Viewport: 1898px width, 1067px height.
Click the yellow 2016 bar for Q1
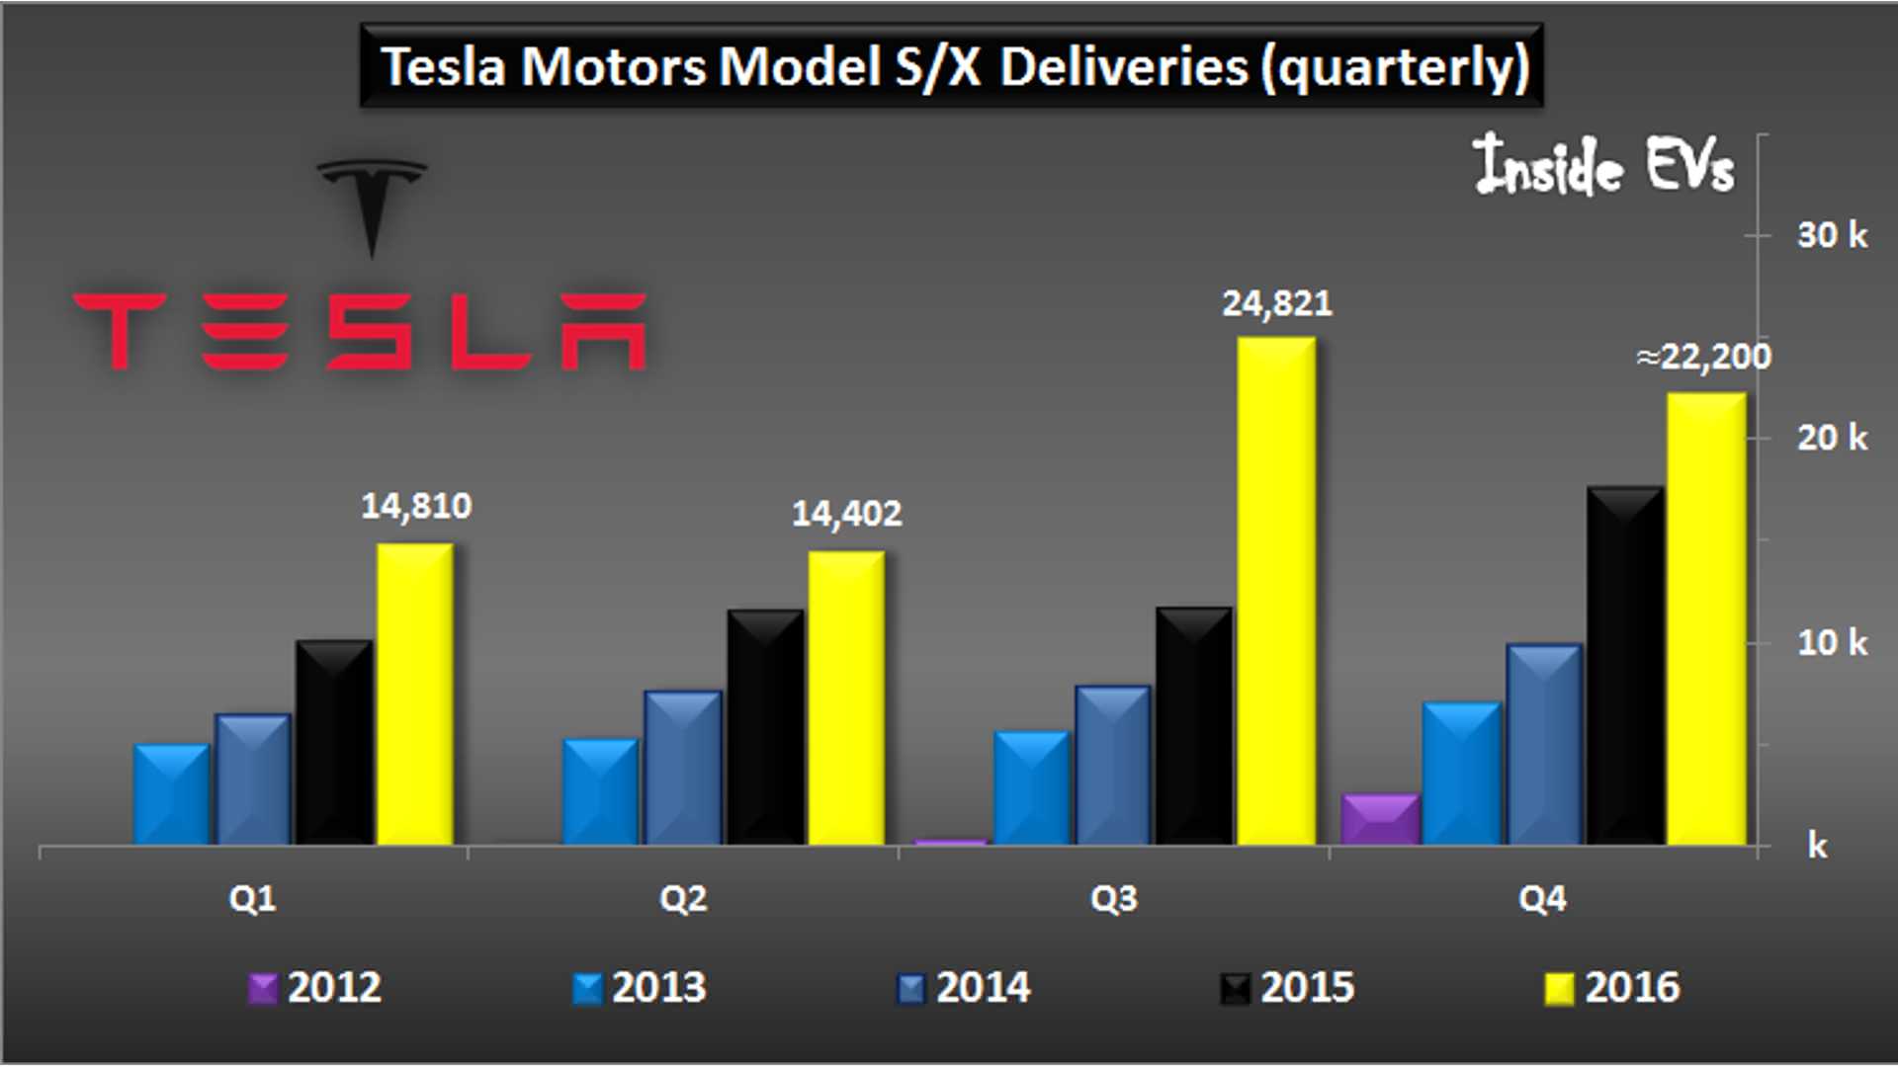pos(415,694)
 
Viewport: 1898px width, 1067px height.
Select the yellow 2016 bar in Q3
pos(1276,591)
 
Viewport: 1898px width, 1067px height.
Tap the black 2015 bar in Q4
pos(1625,666)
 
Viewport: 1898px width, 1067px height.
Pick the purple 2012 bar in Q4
pos(1381,819)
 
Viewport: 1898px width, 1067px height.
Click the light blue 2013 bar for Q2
pos(601,791)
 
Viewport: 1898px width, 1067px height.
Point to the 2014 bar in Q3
pos(1113,766)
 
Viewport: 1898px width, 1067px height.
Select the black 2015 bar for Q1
pos(334,742)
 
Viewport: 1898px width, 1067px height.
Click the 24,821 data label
pos(1276,303)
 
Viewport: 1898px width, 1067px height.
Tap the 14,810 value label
pos(416,506)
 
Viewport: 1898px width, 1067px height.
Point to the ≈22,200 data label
pos(1703,357)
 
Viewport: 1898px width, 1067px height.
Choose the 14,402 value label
pos(846,514)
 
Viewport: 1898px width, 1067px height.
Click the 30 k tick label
pos(1832,235)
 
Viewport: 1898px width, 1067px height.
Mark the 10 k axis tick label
pos(1832,643)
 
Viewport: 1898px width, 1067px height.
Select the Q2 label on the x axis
pos(683,899)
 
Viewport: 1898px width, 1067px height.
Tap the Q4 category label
pos(1542,899)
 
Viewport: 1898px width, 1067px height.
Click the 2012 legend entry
pos(315,987)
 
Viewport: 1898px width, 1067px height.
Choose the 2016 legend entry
pos(1613,987)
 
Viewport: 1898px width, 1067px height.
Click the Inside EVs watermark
pos(1603,165)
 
